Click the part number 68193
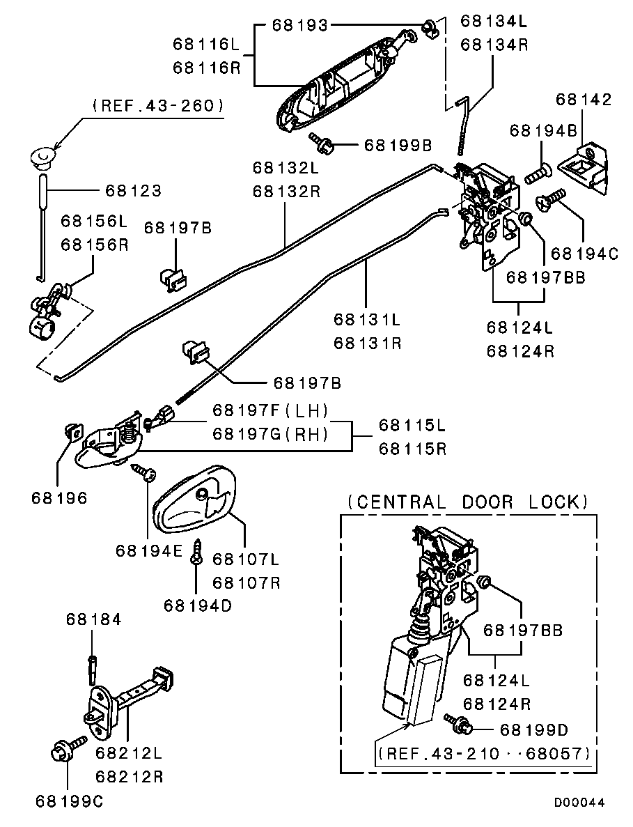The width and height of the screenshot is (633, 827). [x=299, y=26]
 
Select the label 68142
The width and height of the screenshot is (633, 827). [x=584, y=100]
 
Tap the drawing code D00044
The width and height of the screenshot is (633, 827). [x=579, y=803]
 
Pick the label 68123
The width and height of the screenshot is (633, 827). [x=133, y=190]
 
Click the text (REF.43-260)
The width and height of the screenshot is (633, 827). [x=157, y=105]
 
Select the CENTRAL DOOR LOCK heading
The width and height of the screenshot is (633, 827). [x=468, y=502]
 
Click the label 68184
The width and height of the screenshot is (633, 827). [x=94, y=619]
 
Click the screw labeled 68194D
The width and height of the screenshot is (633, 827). [x=198, y=552]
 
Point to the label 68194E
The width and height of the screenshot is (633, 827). [x=149, y=550]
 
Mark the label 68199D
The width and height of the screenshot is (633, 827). [x=533, y=729]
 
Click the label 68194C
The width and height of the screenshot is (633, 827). [x=584, y=254]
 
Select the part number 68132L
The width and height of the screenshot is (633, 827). [x=286, y=168]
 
